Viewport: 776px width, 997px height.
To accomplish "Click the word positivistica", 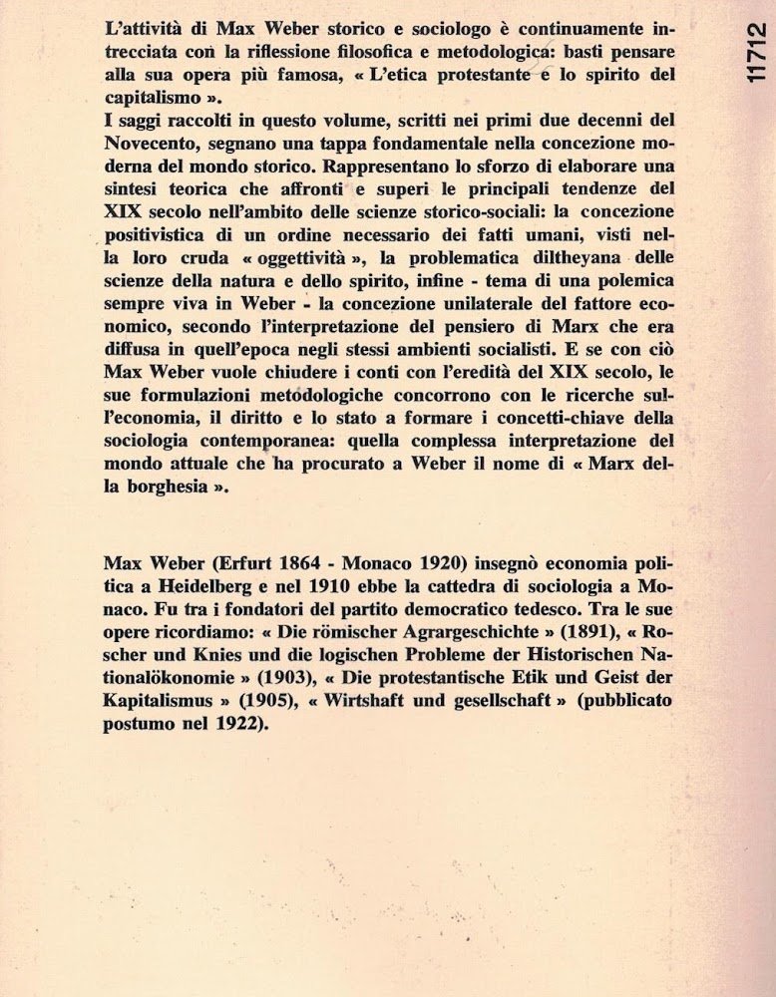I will click(x=161, y=233).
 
